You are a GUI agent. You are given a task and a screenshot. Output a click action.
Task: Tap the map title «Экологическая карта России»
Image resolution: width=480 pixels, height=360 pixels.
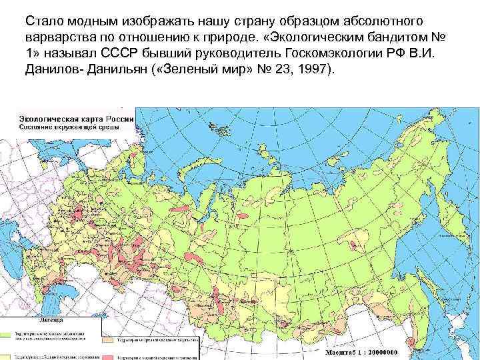(77, 117)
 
